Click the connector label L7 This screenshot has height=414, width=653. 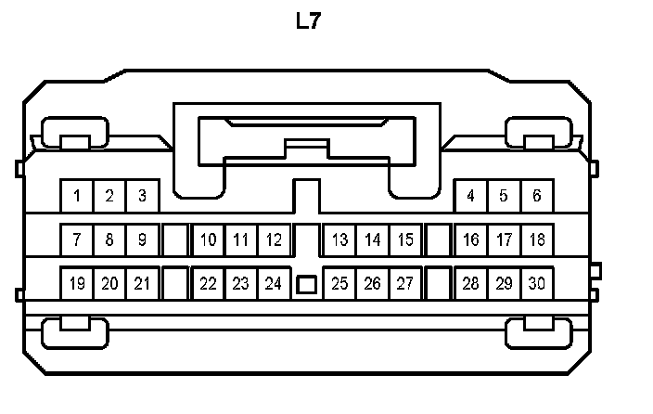click(x=308, y=21)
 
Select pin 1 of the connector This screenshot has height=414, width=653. click(x=77, y=196)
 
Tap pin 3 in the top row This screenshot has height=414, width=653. click(x=142, y=196)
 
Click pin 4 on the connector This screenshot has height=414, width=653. click(x=471, y=196)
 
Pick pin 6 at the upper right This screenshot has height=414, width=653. click(x=536, y=196)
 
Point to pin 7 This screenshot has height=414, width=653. click(x=77, y=239)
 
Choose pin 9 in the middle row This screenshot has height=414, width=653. click(x=142, y=239)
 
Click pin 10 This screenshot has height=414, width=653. click(x=209, y=239)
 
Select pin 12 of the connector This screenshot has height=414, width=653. click(x=274, y=239)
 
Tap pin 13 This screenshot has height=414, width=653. click(x=339, y=239)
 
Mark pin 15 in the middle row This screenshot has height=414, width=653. click(x=405, y=239)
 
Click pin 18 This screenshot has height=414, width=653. click(x=536, y=239)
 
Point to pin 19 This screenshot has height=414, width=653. click(x=77, y=283)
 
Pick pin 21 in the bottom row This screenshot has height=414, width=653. click(x=142, y=283)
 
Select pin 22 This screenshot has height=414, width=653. click(x=209, y=283)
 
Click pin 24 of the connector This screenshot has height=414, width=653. click(x=274, y=283)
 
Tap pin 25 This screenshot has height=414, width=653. click(x=339, y=283)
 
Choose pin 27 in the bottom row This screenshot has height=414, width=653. click(x=405, y=283)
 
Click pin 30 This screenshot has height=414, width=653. click(x=536, y=283)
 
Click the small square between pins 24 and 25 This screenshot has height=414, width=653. click(x=306, y=284)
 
